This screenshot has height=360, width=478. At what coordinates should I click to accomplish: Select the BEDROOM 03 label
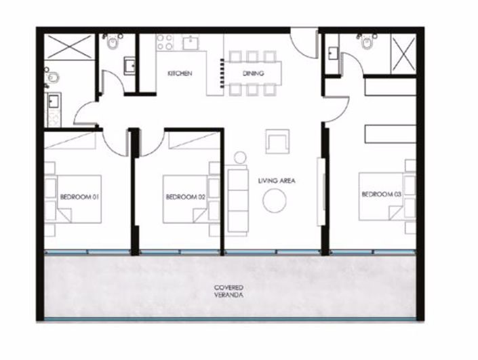coord(378,195)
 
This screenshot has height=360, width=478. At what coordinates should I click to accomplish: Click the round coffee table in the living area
coord(275,201)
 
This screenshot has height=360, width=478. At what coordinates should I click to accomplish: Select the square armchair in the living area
coord(277,140)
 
